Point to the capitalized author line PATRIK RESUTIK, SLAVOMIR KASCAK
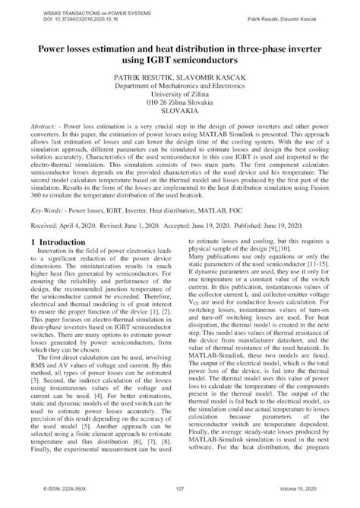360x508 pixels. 179,78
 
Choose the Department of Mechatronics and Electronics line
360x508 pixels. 179,88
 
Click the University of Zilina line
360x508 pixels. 179,97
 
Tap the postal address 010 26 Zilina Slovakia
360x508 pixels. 179,107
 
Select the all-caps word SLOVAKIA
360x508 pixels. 179,116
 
